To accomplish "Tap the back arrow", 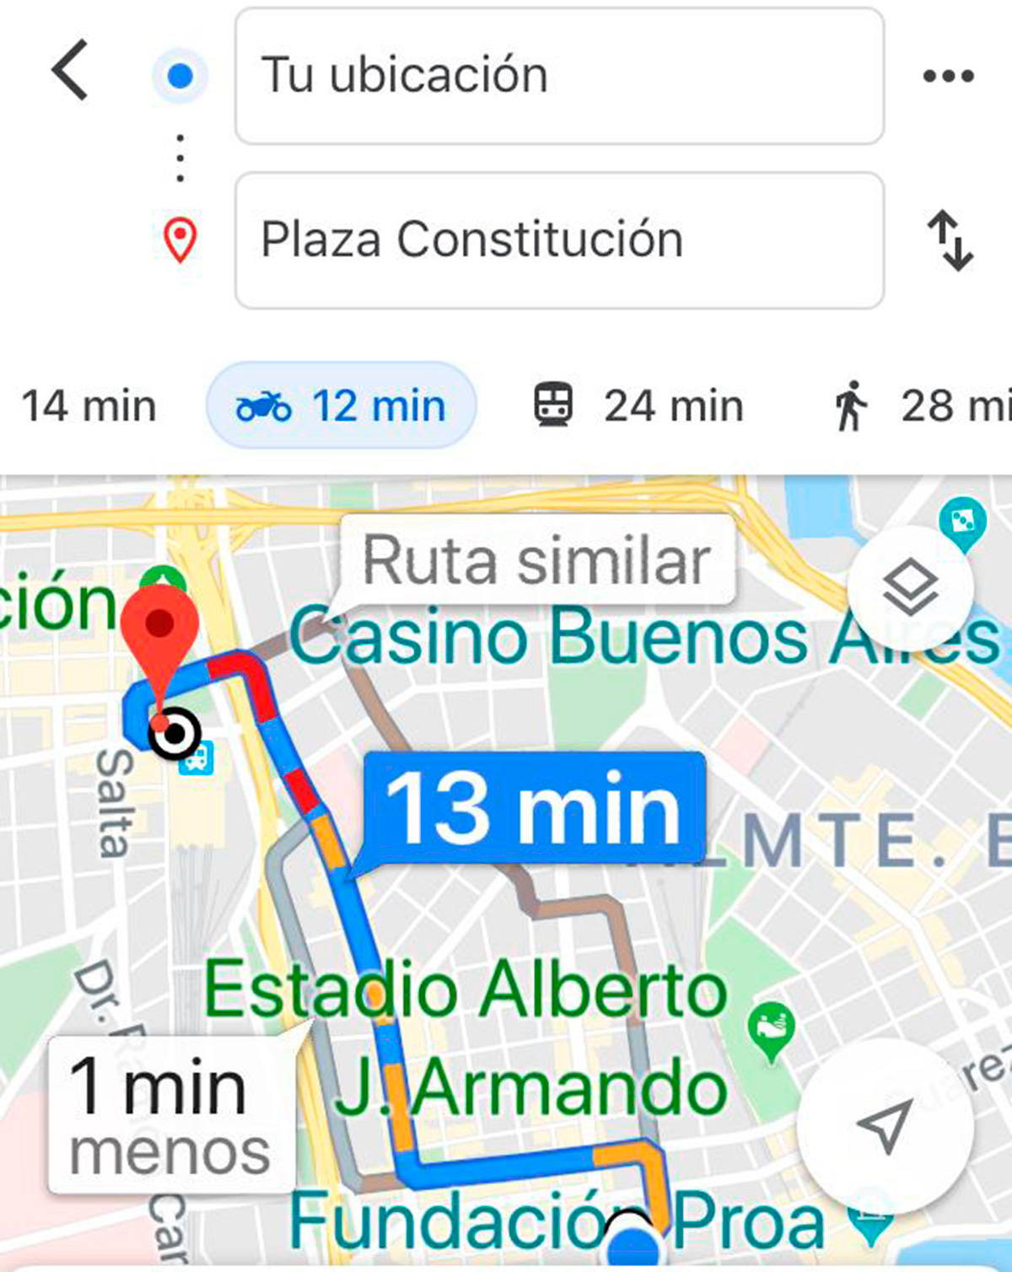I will coord(71,71).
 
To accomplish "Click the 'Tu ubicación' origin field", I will coord(558,76).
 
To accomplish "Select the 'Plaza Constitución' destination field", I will coord(558,240).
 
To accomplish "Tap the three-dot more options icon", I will coord(948,76).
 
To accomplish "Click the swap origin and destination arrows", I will coord(950,240).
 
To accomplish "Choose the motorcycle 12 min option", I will coord(342,406).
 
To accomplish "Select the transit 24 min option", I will coord(638,406).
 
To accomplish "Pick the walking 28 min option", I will coord(919,406).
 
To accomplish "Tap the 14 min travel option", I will coord(89,406).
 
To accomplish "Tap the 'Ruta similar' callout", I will coord(536,560).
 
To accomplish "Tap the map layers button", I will coord(910,588).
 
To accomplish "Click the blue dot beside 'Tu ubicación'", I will coord(180,76).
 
